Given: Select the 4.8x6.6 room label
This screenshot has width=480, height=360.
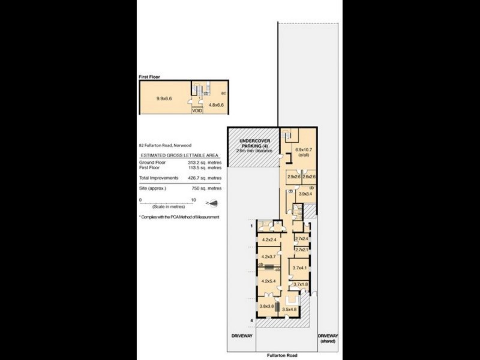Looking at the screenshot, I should click(216, 105).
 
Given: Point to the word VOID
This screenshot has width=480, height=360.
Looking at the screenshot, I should click(197, 110).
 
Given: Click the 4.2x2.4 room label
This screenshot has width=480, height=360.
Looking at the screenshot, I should click(268, 240).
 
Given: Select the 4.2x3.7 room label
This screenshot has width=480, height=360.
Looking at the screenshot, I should click(268, 257).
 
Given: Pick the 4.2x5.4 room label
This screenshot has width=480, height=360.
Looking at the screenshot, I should click(268, 280).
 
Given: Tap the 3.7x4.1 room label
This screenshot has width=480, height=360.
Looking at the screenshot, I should click(299, 268).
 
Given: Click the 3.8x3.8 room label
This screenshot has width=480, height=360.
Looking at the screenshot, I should click(266, 306).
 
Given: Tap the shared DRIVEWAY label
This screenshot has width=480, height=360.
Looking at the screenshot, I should click(329, 338).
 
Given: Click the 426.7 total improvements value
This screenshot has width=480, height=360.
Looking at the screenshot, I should click(203, 178).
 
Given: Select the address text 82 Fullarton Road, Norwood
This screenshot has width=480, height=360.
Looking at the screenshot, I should click(166, 145).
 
